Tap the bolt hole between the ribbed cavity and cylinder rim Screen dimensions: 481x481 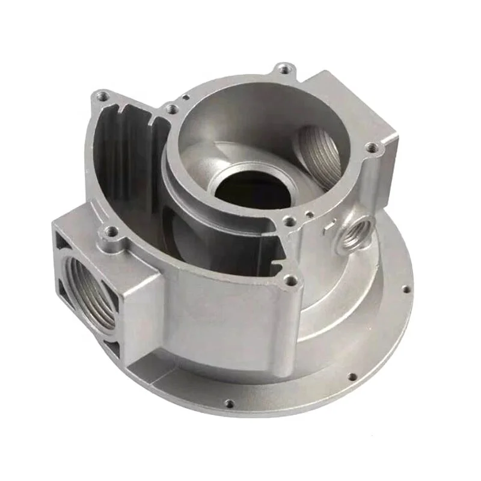pos(172,109)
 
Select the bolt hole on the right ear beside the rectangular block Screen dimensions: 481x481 pos(372,146)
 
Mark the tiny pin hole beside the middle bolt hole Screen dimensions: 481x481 pos(307,212)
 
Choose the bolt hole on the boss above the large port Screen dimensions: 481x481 pos(109,230)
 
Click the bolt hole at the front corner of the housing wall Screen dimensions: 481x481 pos(291,280)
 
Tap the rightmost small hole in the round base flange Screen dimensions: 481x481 pos(406,289)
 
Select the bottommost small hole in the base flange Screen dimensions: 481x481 pos(229,403)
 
